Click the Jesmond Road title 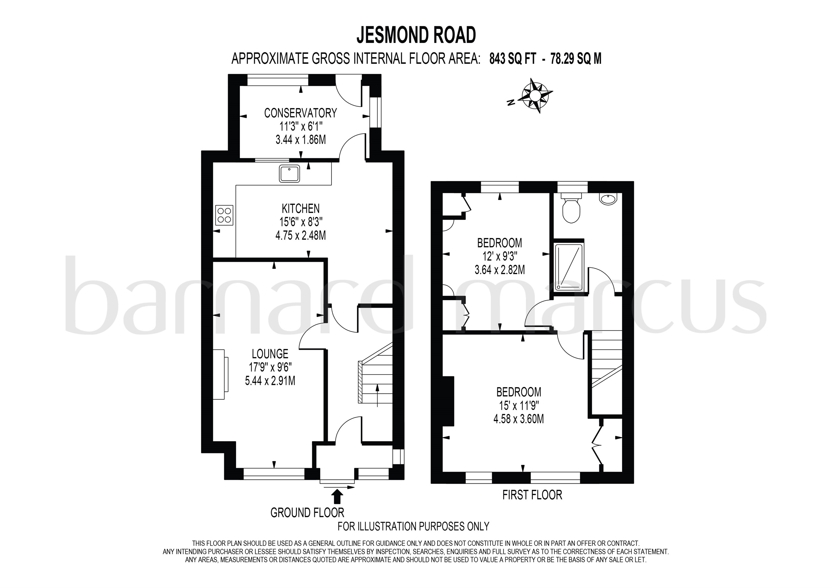pyautogui.click(x=416, y=35)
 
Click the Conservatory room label pyautogui.click(x=300, y=113)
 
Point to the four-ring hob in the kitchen pyautogui.click(x=224, y=215)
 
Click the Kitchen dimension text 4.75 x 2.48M pyautogui.click(x=300, y=236)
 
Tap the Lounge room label pyautogui.click(x=270, y=353)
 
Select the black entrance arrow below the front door pyautogui.click(x=337, y=497)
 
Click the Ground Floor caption pyautogui.click(x=307, y=513)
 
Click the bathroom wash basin pyautogui.click(x=608, y=199)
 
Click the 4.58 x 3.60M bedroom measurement pyautogui.click(x=519, y=419)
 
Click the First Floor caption pyautogui.click(x=532, y=495)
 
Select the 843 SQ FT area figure pyautogui.click(x=512, y=58)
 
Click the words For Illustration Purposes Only pyautogui.click(x=413, y=526)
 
